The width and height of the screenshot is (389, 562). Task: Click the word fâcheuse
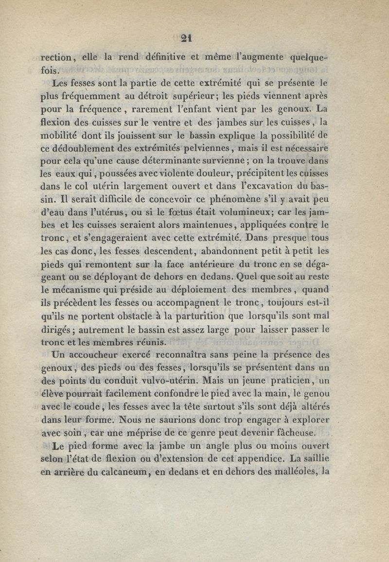(294, 432)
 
